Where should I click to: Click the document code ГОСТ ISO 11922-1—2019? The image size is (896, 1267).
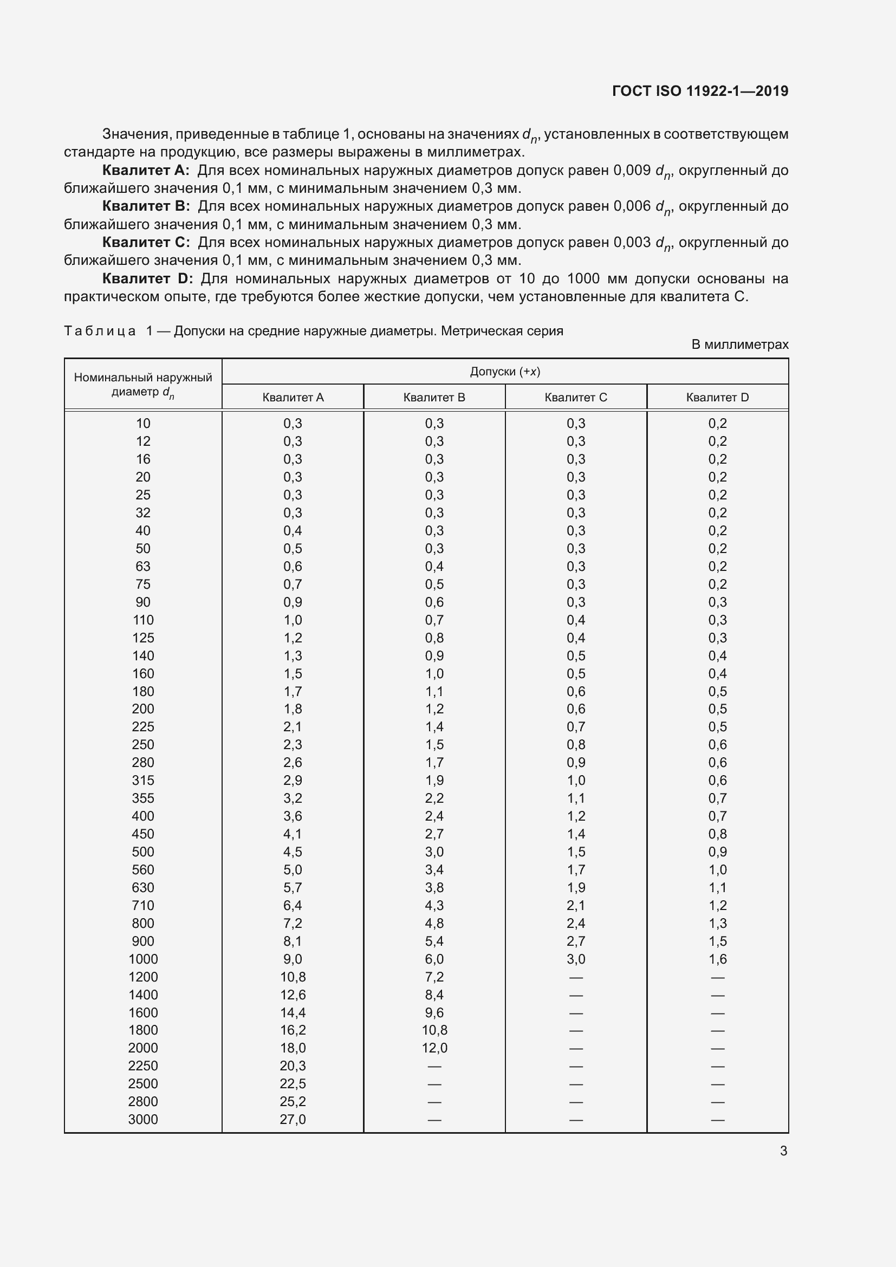click(699, 91)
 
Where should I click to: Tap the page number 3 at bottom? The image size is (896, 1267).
click(783, 1151)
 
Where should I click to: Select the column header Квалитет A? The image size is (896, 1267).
click(293, 397)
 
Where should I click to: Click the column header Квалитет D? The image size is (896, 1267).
click(717, 397)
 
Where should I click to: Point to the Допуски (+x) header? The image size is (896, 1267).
click(504, 372)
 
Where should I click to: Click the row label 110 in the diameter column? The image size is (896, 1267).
click(143, 620)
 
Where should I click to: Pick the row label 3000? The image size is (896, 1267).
click(143, 1119)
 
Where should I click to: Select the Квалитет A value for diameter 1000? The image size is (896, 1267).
click(293, 959)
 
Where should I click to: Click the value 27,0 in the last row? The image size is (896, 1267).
click(293, 1119)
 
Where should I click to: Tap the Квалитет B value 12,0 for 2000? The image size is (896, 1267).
click(434, 1048)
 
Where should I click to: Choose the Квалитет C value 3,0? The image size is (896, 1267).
click(575, 959)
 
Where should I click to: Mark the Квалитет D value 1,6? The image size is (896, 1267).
click(717, 959)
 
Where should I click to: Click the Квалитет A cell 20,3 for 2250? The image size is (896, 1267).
click(293, 1065)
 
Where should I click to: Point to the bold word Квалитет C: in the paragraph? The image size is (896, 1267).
click(146, 242)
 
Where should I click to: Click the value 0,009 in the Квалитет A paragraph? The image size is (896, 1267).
click(632, 171)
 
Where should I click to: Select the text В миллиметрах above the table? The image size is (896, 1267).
click(740, 345)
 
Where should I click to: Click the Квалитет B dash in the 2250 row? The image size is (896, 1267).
click(434, 1066)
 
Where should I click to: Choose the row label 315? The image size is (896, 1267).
click(143, 780)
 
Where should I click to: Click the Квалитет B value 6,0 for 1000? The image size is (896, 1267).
click(434, 959)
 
